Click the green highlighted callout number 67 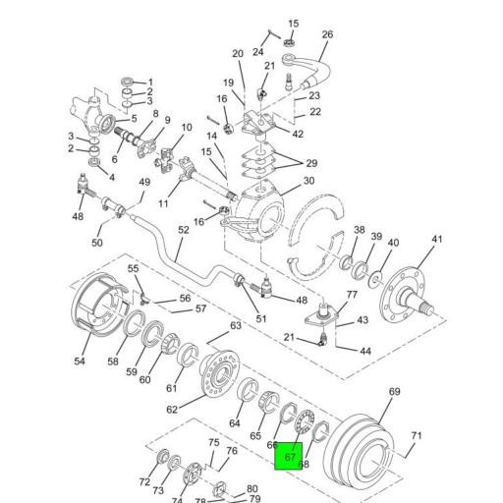pos(289,456)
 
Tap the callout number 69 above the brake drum pos(394,392)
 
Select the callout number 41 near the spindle pos(437,240)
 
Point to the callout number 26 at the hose pos(327,35)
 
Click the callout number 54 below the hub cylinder pos(80,362)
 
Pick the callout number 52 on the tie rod pos(184,230)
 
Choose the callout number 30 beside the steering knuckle pos(308,181)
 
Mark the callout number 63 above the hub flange pos(236,325)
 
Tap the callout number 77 pos(352,295)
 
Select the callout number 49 pos(144,182)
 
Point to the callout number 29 pos(311,162)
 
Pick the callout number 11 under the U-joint pos(163,203)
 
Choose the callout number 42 pos(298,134)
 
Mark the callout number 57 pos(200,309)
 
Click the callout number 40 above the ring pos(393,244)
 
